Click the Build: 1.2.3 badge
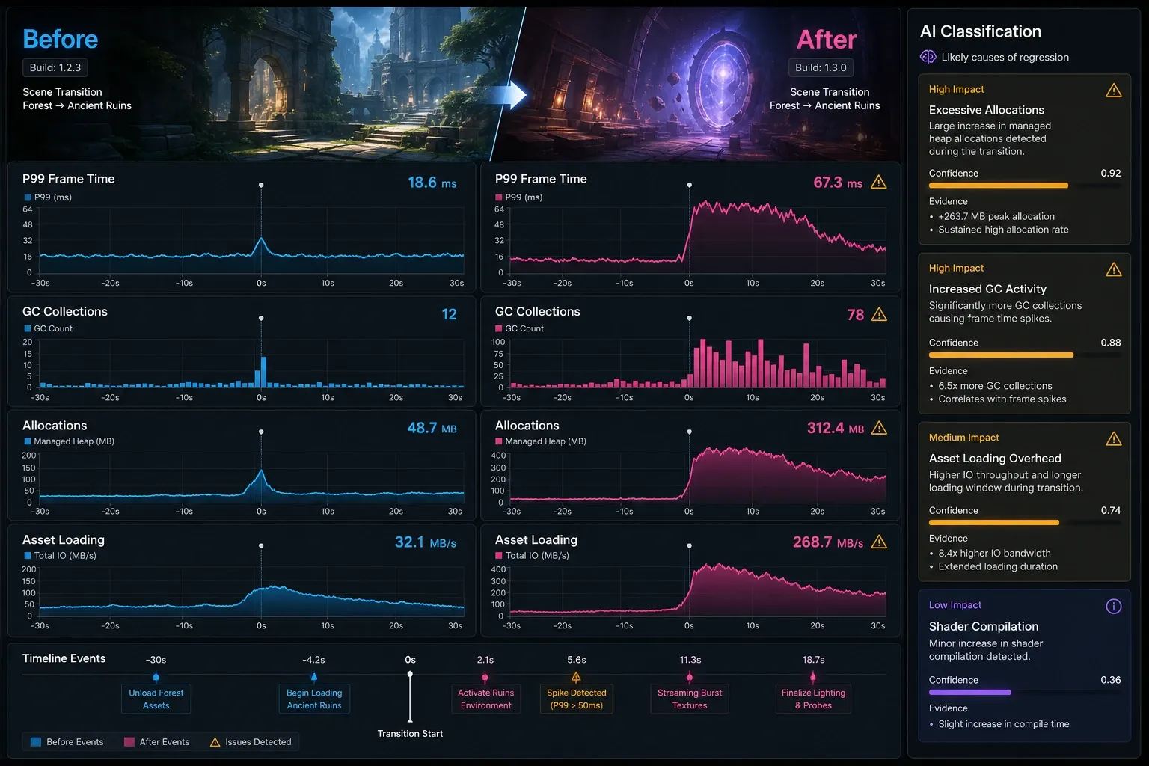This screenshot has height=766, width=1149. pos(55,67)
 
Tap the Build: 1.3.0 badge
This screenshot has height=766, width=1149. pos(821,67)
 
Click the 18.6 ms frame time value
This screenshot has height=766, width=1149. pos(432,183)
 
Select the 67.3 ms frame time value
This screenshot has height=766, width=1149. pos(838,183)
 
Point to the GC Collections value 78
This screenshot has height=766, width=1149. pos(855,314)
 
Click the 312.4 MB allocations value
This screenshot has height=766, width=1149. pos(835,428)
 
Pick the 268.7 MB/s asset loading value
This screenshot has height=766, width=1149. pos(828,542)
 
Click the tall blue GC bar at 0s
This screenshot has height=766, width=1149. pos(263,372)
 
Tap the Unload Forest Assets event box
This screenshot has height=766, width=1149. pos(156,699)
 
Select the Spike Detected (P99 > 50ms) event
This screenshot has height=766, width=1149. pos(577,699)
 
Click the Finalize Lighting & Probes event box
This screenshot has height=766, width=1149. pos(814,699)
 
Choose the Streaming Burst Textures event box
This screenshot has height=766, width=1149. pos(690,699)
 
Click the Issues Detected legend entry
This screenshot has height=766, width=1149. pos(251,742)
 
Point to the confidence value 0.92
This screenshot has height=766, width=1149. pos(1111,173)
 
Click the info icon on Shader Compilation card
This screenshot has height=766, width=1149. pos(1114,607)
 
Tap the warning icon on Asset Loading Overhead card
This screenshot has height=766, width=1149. pos(1114,438)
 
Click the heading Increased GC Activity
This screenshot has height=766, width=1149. pos(987,289)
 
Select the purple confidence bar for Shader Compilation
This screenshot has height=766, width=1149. pos(970,692)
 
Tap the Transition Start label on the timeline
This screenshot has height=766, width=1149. pos(410,734)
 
